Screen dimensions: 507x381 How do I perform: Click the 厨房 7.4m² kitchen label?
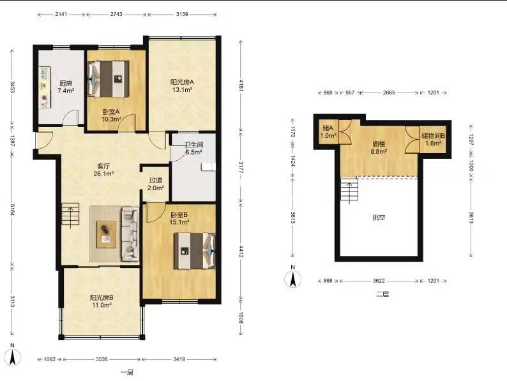pos(66,87)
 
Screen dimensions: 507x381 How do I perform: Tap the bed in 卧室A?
pos(109,79)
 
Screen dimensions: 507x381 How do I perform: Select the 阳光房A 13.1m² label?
pos(182,86)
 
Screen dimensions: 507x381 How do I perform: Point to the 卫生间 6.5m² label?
pos(193,148)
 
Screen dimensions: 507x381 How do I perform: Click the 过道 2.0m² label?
pos(156,184)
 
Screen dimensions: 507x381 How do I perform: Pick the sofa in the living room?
pos(130,234)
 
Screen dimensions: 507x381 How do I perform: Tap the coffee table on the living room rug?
pos(107,234)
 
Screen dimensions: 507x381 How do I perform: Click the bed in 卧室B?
pos(194,251)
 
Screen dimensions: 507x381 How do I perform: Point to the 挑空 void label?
pos(379,218)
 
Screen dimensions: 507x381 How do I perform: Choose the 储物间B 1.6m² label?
pos(434,140)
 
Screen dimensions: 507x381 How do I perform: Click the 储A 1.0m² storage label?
pos(328,132)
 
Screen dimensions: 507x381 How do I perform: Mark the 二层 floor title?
pos(382,294)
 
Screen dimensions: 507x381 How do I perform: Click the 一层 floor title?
pos(127,372)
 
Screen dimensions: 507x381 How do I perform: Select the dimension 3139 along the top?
pos(182,14)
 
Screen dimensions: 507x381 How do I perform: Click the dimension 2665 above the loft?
pos(389,93)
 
